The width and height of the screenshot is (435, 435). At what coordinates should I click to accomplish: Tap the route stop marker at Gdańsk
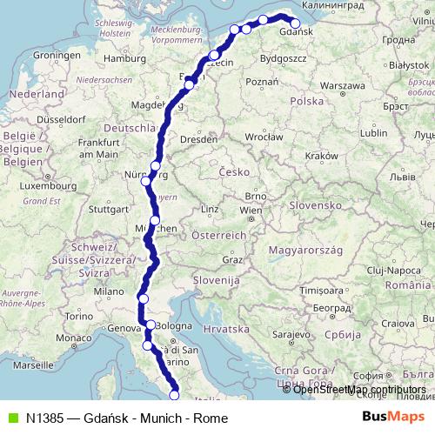295,24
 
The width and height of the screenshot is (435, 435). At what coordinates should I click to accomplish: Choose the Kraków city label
321,155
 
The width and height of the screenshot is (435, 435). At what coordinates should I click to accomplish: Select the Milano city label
109,292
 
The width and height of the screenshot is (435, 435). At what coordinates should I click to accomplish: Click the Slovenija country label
217,281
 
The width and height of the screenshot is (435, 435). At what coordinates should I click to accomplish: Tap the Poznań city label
262,82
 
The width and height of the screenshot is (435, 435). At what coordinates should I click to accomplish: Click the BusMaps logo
394,418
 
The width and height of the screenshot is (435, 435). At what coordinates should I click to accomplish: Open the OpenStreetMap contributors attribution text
359,390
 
